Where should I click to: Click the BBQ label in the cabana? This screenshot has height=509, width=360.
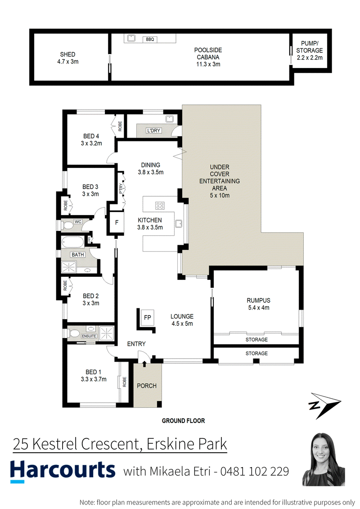pos(150,40)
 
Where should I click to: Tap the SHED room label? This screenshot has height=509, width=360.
pos(68,58)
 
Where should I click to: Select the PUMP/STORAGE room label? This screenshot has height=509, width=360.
pos(310,51)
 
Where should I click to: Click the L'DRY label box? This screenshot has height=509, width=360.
pos(153,131)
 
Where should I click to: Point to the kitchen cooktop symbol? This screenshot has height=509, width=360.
pos(160,206)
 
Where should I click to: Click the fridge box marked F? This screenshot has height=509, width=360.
pos(117,222)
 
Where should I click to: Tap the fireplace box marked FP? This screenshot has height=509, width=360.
pos(148,317)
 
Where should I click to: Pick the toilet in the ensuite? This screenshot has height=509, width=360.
pos(74,333)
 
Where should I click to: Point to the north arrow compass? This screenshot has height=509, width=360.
pos(324,405)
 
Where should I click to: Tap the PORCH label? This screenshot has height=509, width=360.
pos(147,386)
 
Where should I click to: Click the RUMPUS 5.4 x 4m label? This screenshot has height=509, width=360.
pos(259,304)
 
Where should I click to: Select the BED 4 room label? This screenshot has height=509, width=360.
pos(91,140)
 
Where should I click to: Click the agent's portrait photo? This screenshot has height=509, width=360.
pos(324,459)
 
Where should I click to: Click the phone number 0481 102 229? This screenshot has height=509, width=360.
pos(255,471)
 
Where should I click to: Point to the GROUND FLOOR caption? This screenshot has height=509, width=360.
pos(184,421)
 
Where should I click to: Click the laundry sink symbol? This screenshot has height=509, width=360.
pos(170,119)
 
